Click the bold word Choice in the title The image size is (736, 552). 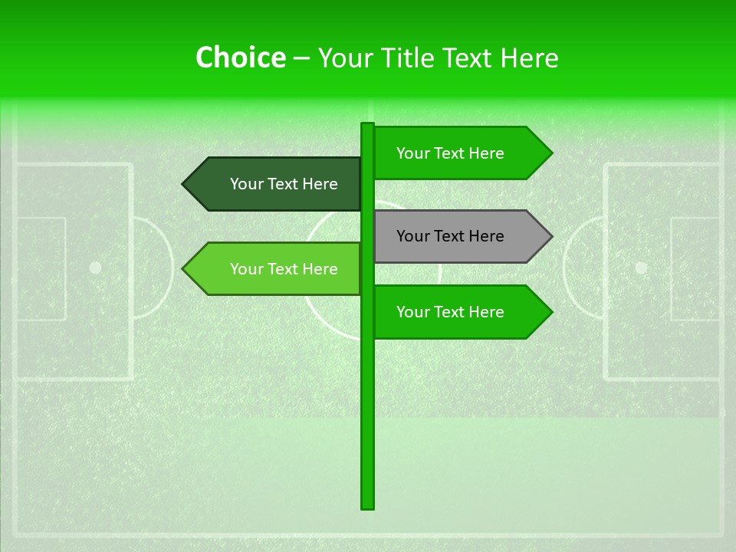pos(240,58)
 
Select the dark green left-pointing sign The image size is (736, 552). pos(276,184)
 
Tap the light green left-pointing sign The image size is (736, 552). pos(276,269)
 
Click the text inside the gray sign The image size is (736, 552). pos(450,236)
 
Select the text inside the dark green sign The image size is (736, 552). pos(284,184)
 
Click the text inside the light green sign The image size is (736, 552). pos(284,269)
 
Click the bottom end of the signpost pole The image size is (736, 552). pos(367,505)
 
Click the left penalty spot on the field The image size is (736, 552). pos(95,268)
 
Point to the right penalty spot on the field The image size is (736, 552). pos(641,268)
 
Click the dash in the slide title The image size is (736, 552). pos(301,58)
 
